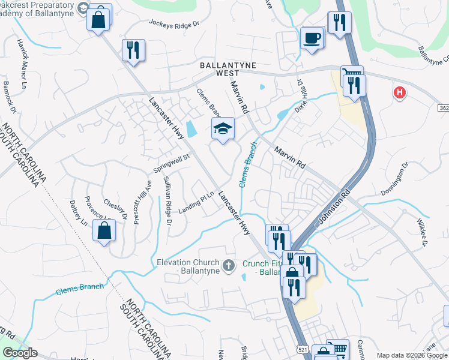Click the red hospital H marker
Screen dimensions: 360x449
(399, 92)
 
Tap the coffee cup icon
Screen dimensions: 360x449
(312, 38)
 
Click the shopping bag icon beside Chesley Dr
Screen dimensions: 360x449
(104, 230)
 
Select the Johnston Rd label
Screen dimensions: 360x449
(334, 208)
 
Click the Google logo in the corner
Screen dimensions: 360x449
(20, 353)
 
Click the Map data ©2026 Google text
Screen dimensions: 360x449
(411, 355)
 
